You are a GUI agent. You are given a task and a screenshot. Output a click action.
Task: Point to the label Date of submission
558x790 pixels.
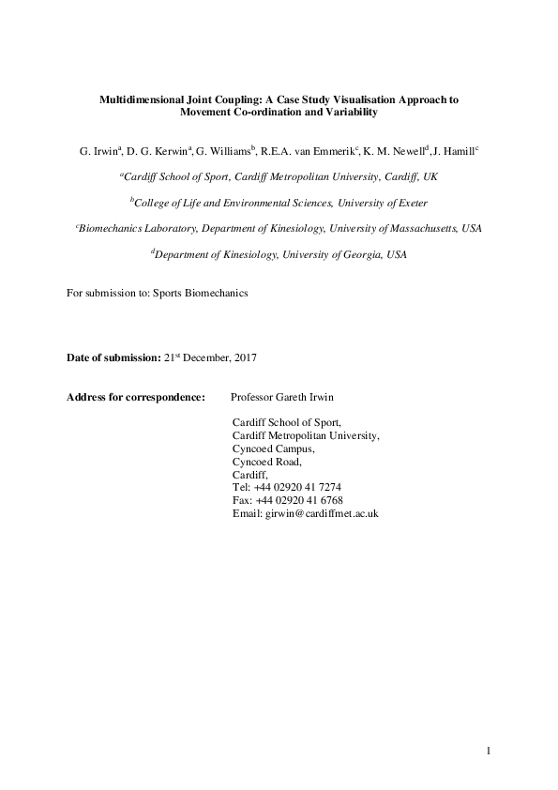[x=102, y=358]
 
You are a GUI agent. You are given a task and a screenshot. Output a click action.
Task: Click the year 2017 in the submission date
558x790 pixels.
[x=242, y=358]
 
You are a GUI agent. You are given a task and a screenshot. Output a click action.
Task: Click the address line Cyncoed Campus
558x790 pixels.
[x=274, y=448]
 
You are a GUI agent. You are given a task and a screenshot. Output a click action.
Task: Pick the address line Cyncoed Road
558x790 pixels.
[x=267, y=462]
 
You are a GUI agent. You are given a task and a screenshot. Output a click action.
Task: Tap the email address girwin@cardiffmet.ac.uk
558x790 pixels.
[x=322, y=514]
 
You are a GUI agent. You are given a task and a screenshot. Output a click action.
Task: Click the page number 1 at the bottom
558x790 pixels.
[x=490, y=750]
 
